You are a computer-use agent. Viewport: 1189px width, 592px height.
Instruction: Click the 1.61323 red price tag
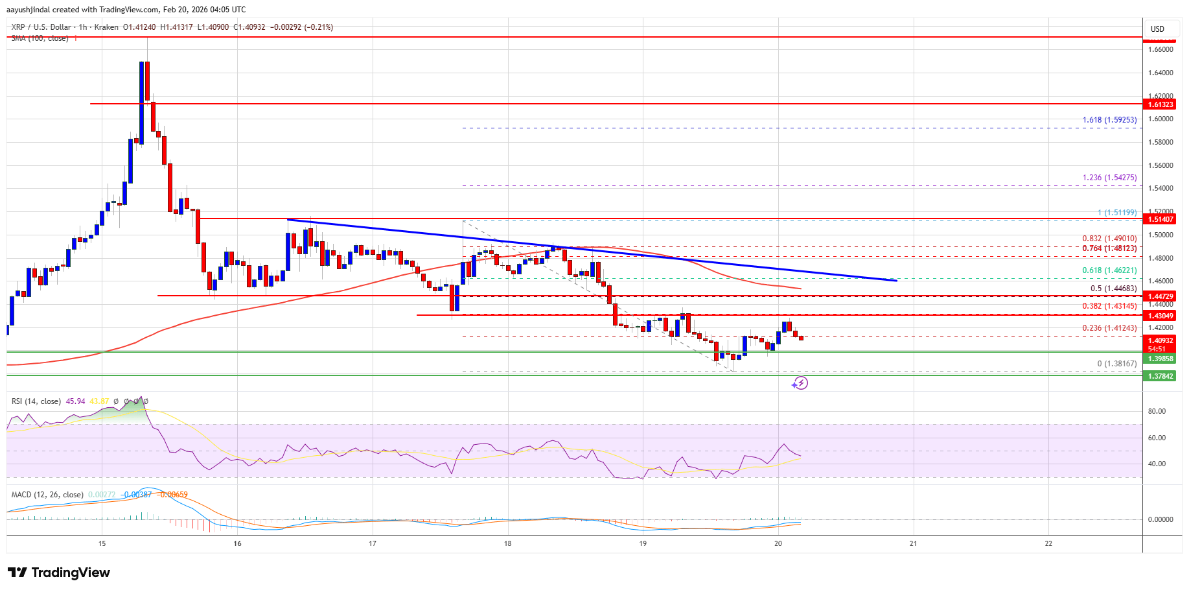pos(1160,104)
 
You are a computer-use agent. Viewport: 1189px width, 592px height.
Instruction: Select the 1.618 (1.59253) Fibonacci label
pos(1109,120)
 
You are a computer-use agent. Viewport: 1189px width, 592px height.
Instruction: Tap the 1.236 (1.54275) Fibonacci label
pos(1109,178)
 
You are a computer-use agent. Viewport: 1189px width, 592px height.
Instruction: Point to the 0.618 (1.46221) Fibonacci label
pos(1109,271)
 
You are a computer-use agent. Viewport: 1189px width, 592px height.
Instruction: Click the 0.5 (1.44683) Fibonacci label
pos(1113,289)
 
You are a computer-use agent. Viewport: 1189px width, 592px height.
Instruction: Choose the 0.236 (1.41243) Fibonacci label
pos(1109,328)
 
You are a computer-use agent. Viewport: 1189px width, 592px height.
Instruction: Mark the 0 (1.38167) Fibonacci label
pos(1116,364)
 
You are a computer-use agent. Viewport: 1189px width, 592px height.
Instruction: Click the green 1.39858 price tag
pos(1160,359)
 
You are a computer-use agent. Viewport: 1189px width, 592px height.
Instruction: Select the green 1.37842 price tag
pos(1160,376)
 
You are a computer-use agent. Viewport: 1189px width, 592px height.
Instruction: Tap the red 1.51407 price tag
pos(1160,219)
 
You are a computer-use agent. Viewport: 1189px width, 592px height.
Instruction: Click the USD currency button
pos(1157,29)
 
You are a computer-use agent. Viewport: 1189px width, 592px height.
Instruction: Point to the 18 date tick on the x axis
pos(508,543)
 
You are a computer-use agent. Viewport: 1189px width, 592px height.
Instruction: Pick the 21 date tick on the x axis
pos(913,543)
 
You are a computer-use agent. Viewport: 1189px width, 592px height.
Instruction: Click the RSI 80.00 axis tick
pos(1157,411)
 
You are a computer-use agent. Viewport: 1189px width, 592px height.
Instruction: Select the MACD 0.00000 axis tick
pos(1160,519)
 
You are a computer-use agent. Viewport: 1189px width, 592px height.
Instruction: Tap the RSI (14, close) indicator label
pos(36,401)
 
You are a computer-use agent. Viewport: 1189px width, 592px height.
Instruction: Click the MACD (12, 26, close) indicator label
pos(47,495)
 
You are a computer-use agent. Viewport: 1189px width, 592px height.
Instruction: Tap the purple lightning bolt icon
pos(801,383)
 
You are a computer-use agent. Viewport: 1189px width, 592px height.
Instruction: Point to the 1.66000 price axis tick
pos(1160,49)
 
